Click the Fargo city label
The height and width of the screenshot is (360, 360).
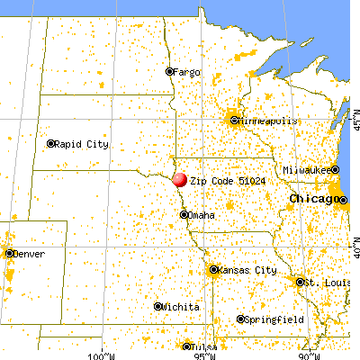186,71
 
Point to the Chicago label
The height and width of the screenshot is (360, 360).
311,198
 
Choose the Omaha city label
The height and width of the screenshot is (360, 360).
200,215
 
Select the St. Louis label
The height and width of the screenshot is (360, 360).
322,283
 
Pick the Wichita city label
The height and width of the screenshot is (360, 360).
180,308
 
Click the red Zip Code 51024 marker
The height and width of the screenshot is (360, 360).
180,179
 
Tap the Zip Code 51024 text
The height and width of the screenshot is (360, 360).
220,179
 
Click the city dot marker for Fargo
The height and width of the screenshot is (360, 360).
169,71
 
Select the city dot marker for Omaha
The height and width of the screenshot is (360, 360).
184,215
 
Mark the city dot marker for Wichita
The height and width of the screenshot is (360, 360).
158,308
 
